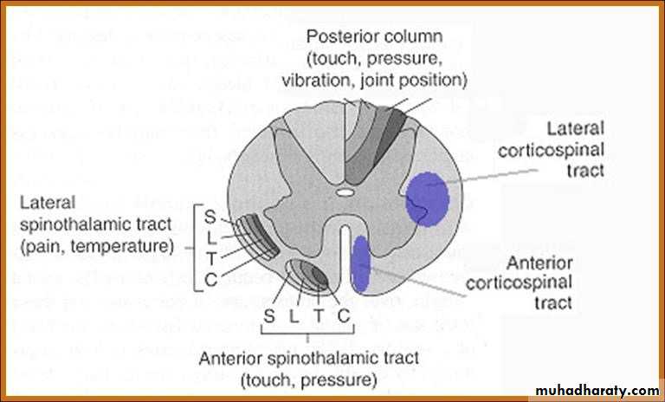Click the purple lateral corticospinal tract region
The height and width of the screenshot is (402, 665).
click(x=428, y=198)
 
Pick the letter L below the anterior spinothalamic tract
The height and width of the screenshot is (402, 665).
click(x=294, y=318)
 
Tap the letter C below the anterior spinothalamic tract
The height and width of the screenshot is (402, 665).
click(x=343, y=318)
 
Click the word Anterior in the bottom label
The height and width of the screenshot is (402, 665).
click(x=229, y=358)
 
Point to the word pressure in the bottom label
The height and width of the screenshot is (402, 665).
click(x=339, y=379)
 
